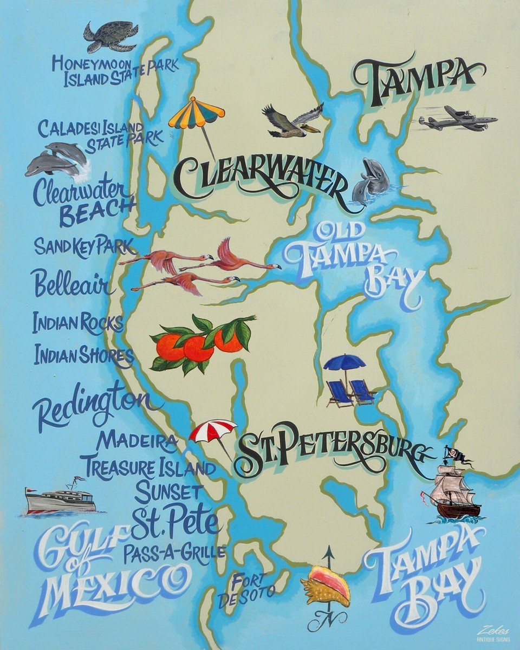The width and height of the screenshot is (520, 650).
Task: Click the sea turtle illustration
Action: [x=110, y=36]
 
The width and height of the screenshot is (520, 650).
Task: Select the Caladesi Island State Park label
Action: [x=100, y=136]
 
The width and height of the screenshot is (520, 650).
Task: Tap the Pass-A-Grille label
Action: [x=174, y=553]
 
